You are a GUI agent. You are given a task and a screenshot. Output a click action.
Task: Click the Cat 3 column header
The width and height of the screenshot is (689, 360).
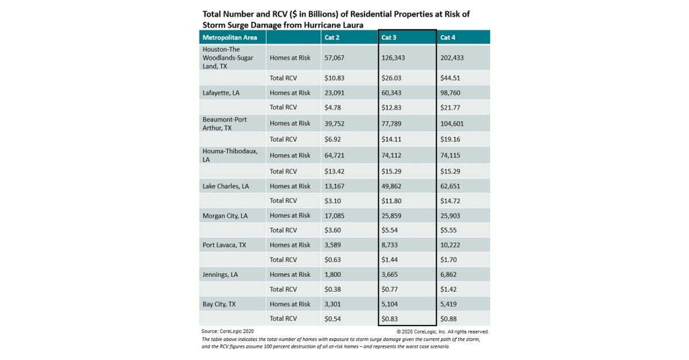tap(389, 37)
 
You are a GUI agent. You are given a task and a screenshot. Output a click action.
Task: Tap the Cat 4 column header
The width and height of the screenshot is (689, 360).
tap(448, 37)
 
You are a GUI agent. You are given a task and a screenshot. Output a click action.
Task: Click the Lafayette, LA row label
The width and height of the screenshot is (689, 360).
tap(221, 92)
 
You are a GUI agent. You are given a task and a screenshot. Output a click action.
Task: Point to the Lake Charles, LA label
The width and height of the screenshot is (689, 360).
tap(225, 186)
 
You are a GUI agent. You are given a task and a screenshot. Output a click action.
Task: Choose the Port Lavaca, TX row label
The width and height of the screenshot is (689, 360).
tap(224, 245)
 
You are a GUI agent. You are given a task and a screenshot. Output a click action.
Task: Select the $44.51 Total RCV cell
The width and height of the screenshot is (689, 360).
tap(450, 78)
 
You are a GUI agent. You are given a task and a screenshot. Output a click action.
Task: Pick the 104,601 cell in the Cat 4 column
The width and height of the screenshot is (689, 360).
tap(454, 123)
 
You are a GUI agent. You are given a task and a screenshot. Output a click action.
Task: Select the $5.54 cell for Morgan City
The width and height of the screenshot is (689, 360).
tap(390, 230)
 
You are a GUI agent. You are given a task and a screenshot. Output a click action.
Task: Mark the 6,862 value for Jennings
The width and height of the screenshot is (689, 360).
tap(449, 274)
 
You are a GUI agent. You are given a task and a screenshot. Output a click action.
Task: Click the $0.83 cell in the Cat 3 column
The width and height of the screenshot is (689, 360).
tap(390, 319)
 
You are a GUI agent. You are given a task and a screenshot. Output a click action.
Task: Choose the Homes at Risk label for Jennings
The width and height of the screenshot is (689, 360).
tap(289, 274)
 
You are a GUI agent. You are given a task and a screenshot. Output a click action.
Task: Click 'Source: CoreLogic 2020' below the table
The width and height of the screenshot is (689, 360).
tap(227, 331)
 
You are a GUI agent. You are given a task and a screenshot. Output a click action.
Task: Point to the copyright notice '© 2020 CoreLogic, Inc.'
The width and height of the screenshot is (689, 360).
tap(442, 331)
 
